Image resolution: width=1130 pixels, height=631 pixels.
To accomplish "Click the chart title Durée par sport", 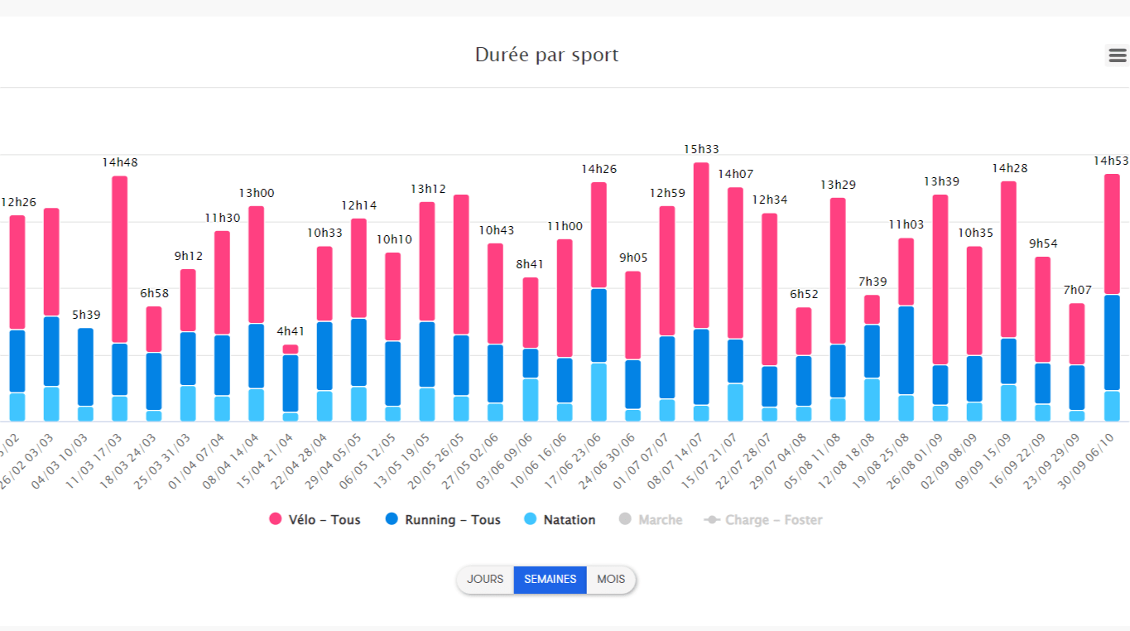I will (546, 55).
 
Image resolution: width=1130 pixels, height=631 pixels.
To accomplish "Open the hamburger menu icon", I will (1117, 55).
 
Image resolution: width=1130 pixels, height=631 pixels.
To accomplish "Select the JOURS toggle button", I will (484, 580).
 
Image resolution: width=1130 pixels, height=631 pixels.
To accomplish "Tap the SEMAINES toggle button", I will (550, 580).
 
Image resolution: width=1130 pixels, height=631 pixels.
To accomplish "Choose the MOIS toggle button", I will (611, 580).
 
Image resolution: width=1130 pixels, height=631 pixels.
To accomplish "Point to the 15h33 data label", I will (701, 149).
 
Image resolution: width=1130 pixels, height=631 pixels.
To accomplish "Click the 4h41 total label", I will (291, 331).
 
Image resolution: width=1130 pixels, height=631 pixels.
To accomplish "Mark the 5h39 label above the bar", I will (86, 315).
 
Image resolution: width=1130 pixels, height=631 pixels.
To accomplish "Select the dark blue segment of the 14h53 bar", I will (1112, 342).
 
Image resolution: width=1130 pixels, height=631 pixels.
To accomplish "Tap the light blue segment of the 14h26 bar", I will (599, 392).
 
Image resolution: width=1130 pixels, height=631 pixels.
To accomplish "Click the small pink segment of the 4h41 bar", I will (291, 349).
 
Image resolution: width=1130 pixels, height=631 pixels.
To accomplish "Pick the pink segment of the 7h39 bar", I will (872, 310).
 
